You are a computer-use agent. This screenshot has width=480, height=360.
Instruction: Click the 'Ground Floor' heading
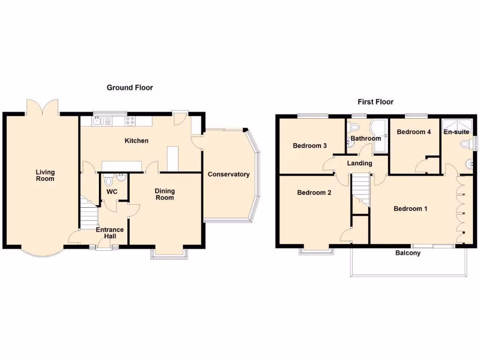tap(130, 88)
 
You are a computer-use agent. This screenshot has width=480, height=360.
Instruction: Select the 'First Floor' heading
tap(375, 102)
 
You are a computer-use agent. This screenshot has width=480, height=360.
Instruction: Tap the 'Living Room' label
tap(45, 175)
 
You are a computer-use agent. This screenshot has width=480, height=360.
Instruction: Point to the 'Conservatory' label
tap(229, 174)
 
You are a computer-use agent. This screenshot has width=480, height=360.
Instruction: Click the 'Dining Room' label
tap(165, 194)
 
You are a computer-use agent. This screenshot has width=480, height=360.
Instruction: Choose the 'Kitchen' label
tap(136, 141)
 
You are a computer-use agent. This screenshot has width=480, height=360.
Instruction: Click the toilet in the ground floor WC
tap(109, 180)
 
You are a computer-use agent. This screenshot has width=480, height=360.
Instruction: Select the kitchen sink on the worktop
tap(98, 121)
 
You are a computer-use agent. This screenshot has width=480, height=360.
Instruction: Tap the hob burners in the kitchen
tap(130, 121)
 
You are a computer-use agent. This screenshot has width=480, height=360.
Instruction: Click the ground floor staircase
tap(88, 215)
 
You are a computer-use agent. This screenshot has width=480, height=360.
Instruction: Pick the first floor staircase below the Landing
tap(360, 187)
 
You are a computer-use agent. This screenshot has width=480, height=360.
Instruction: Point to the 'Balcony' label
tap(408, 253)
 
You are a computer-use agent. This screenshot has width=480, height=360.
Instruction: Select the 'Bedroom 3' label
tap(310, 146)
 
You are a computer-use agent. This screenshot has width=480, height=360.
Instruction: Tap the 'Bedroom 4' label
tap(413, 132)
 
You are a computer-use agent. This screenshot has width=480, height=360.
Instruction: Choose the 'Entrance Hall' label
tap(110, 233)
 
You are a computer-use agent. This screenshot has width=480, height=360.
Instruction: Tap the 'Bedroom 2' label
tap(314, 193)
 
